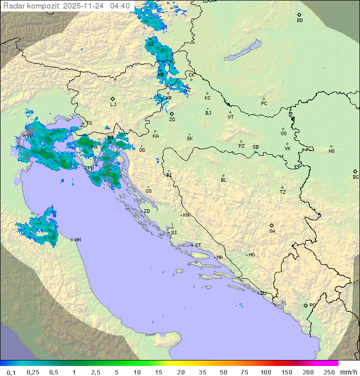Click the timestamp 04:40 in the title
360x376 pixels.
point(120,6)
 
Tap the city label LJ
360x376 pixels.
point(113,105)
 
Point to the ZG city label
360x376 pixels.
point(172,120)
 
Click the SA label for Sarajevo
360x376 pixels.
point(272,231)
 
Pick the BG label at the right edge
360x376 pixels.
point(355,177)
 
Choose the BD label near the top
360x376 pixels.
point(299,21)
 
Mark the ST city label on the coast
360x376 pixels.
point(198,245)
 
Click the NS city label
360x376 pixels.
point(331,151)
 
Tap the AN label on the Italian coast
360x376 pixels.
point(77,240)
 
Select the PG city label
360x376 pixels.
point(312,305)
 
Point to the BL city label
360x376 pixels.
point(223,180)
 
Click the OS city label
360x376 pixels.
point(283,134)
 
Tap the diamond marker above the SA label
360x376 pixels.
point(272,225)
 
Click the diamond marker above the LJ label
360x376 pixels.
point(113,99)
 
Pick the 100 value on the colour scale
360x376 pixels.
point(265,372)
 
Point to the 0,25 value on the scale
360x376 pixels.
point(33,372)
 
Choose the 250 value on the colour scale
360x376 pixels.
point(329,372)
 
